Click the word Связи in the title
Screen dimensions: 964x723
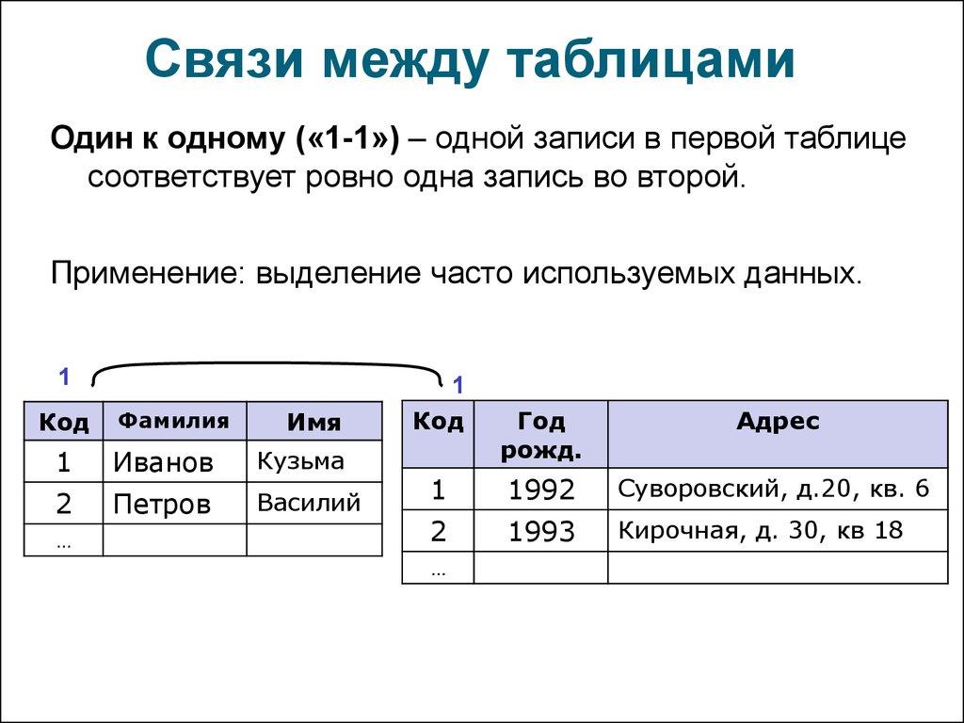pyautogui.click(x=224, y=60)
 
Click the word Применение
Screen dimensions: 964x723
pyautogui.click(x=144, y=274)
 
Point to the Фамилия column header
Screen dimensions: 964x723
pyautogui.click(x=174, y=421)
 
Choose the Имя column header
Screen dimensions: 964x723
pyautogui.click(x=314, y=421)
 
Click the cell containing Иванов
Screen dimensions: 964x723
pyautogui.click(x=174, y=461)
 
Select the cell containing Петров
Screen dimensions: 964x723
pyautogui.click(x=174, y=503)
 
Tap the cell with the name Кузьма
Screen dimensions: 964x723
pyautogui.click(x=314, y=461)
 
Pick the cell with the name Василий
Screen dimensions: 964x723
pyautogui.click(x=314, y=503)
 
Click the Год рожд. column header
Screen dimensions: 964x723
pyautogui.click(x=541, y=435)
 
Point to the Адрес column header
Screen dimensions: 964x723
pyautogui.click(x=778, y=435)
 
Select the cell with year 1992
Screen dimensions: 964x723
pyautogui.click(x=541, y=489)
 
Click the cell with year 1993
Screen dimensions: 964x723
pyautogui.click(x=541, y=531)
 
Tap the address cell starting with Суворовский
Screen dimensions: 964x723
pyautogui.click(x=778, y=489)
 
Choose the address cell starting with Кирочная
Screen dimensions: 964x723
pyautogui.click(x=778, y=531)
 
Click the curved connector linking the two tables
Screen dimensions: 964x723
pyautogui.click(x=267, y=363)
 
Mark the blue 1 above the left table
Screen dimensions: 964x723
pyautogui.click(x=64, y=377)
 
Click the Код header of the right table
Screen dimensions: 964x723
pyautogui.click(x=438, y=435)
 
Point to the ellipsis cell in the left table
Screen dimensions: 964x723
pyautogui.click(x=63, y=539)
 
